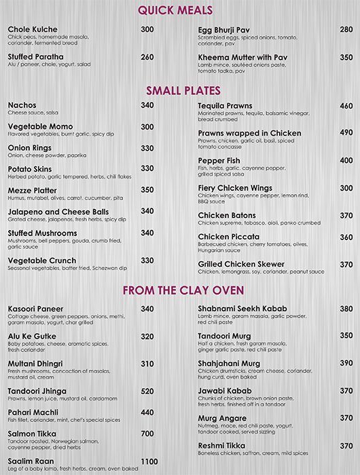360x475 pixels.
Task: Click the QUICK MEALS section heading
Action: [175, 9]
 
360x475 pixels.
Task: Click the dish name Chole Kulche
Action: [32, 30]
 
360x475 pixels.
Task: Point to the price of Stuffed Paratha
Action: [147, 58]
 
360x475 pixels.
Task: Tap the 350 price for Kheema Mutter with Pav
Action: [346, 58]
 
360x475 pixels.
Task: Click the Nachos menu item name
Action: [23, 106]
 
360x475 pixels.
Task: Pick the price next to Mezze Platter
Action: [147, 191]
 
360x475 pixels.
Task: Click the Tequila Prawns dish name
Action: [225, 107]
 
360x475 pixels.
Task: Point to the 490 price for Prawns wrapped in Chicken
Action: [346, 133]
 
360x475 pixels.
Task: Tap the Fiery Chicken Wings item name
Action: [235, 188]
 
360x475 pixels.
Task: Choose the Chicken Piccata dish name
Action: [228, 237]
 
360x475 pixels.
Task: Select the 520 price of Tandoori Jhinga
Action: [147, 392]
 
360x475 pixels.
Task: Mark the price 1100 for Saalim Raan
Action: [149, 461]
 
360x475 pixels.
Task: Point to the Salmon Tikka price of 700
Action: [147, 434]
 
